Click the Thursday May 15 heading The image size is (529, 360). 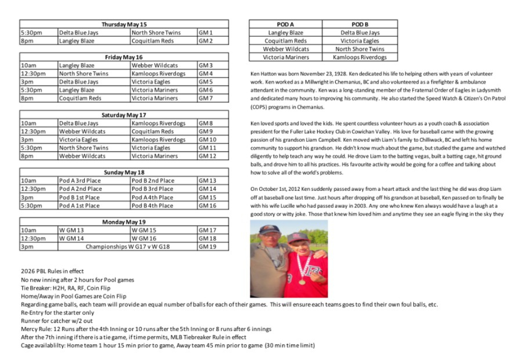pos(124,24)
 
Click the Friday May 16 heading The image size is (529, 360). pos(124,57)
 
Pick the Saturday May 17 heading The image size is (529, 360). pos(124,115)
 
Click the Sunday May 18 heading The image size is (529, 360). pos(124,172)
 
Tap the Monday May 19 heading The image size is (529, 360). pos(124,222)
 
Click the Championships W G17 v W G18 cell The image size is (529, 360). pos(128,247)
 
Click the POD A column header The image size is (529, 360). pos(286,24)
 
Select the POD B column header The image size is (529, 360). pos(360,24)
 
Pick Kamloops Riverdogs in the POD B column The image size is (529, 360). pos(360,57)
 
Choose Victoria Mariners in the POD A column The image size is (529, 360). pos(286,57)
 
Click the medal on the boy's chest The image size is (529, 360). pos(302,282)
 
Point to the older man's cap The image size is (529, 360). pos(269,229)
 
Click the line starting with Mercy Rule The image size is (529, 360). pos(146,329)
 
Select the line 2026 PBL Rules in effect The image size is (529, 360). pos(52,271)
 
